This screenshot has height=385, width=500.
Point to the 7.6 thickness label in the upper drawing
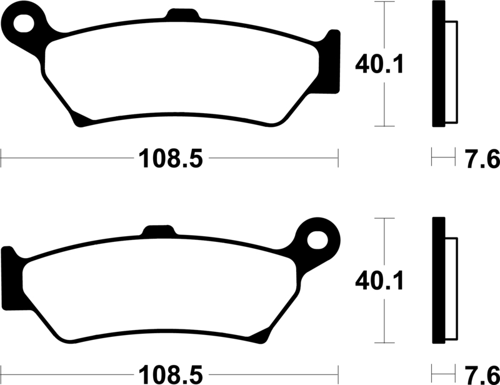[481, 159]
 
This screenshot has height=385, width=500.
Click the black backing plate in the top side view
[438, 64]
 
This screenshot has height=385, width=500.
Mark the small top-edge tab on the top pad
[181, 14]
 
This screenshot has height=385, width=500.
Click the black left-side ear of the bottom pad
[10, 275]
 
